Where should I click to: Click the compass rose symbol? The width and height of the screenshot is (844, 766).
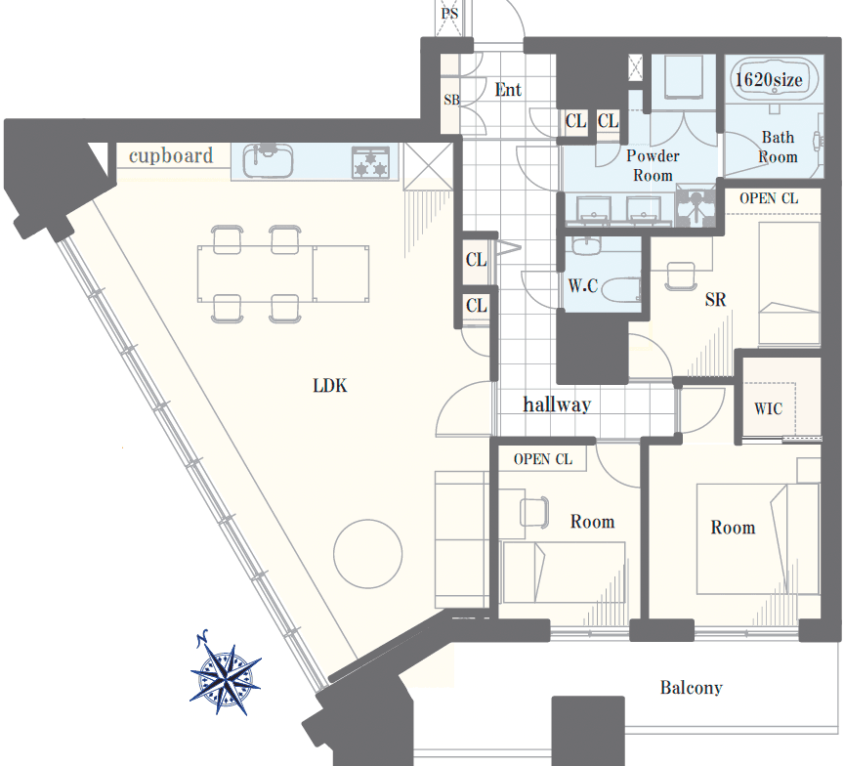(x=225, y=674)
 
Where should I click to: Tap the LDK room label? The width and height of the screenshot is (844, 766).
(x=330, y=385)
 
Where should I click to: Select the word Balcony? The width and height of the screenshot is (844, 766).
(x=692, y=688)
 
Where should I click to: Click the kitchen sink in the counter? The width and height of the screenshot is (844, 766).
(x=268, y=160)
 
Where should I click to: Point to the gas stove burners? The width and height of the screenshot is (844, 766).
(x=370, y=162)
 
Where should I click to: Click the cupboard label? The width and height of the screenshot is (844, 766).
(x=171, y=155)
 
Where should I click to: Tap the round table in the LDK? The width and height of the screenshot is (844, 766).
(x=367, y=553)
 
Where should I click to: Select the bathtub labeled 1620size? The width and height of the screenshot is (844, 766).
(x=774, y=79)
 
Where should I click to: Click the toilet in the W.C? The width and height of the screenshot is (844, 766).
(x=620, y=289)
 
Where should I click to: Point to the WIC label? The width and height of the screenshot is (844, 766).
(x=768, y=408)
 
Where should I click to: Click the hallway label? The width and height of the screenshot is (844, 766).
(x=557, y=404)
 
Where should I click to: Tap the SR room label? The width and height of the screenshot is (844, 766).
(x=715, y=299)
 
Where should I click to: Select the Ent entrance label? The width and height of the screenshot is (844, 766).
(x=508, y=89)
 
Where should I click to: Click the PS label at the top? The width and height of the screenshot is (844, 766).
(x=449, y=13)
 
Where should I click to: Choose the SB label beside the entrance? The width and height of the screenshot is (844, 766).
(x=451, y=100)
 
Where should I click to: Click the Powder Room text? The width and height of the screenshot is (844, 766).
(x=653, y=165)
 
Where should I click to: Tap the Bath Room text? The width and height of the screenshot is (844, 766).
(x=778, y=147)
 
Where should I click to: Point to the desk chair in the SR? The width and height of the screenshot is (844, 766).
(x=680, y=276)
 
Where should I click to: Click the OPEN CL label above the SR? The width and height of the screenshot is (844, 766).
(x=769, y=198)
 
